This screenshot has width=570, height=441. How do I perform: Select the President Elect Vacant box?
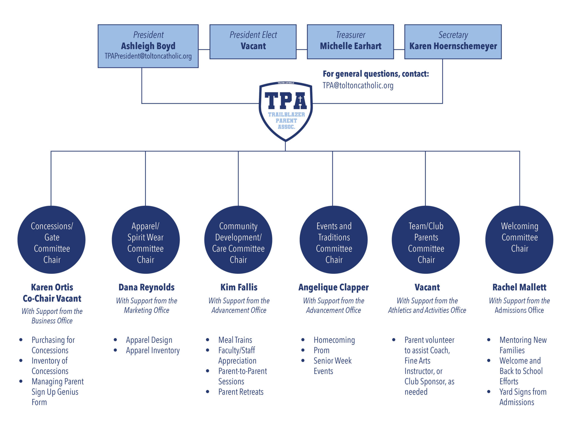pyautogui.click(x=253, y=42)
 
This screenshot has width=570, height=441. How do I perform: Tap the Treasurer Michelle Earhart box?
pyautogui.click(x=350, y=42)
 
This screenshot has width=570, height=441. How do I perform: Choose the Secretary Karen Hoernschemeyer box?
pyautogui.click(x=453, y=42)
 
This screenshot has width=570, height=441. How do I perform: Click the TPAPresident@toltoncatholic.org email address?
pyautogui.click(x=148, y=56)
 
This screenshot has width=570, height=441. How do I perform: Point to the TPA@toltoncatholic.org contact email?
pyautogui.click(x=358, y=86)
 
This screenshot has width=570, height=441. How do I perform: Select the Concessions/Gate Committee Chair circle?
pyautogui.click(x=51, y=240)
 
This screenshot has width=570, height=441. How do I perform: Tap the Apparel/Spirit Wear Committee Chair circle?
pyautogui.click(x=146, y=240)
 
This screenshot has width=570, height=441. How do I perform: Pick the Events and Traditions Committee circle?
pyautogui.click(x=333, y=240)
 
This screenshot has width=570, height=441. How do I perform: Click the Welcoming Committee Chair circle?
pyautogui.click(x=519, y=240)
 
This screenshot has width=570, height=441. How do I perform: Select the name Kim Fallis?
pyautogui.click(x=239, y=287)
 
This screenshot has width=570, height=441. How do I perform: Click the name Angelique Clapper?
pyautogui.click(x=333, y=287)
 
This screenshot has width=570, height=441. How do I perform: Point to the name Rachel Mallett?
pyautogui.click(x=519, y=287)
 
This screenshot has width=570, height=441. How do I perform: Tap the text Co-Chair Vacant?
pyautogui.click(x=52, y=299)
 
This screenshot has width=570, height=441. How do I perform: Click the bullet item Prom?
pyautogui.click(x=321, y=350)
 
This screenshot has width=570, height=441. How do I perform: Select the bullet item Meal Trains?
pyautogui.click(x=235, y=340)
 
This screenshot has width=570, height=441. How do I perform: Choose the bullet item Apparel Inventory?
pyautogui.click(x=153, y=350)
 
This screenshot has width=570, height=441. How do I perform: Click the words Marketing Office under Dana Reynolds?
pyautogui.click(x=147, y=310)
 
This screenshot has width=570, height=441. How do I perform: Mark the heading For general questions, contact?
pyautogui.click(x=376, y=74)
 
